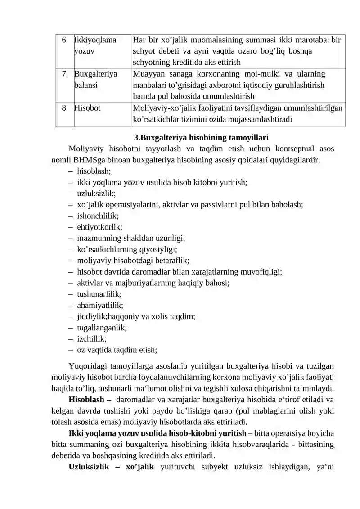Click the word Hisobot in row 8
(88, 108)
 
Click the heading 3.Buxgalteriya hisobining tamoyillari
(201, 137)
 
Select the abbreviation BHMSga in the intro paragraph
(90, 159)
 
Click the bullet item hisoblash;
(94, 171)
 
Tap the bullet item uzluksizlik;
(96, 194)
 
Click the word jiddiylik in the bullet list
(91, 317)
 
